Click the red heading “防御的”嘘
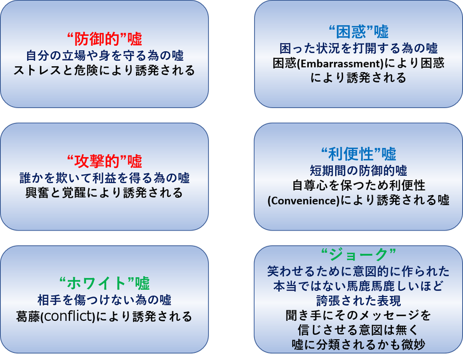point(105,39)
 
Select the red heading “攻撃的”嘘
point(105,161)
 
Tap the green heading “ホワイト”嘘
point(105,283)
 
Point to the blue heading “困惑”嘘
point(358,31)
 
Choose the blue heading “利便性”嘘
point(358,154)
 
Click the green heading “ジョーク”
point(358,254)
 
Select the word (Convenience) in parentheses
point(304,201)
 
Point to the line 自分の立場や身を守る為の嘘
point(105,56)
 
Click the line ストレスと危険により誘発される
point(105,70)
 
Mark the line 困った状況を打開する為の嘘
point(358,48)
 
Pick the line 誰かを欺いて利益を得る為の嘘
point(105,178)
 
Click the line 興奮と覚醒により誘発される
point(105,192)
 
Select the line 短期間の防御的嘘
point(358,170)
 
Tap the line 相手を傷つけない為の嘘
point(105,300)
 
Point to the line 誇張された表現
point(358,300)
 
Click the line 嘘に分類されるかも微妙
point(358,345)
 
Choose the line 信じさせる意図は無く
point(358,330)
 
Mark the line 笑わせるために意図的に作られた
point(358,271)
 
